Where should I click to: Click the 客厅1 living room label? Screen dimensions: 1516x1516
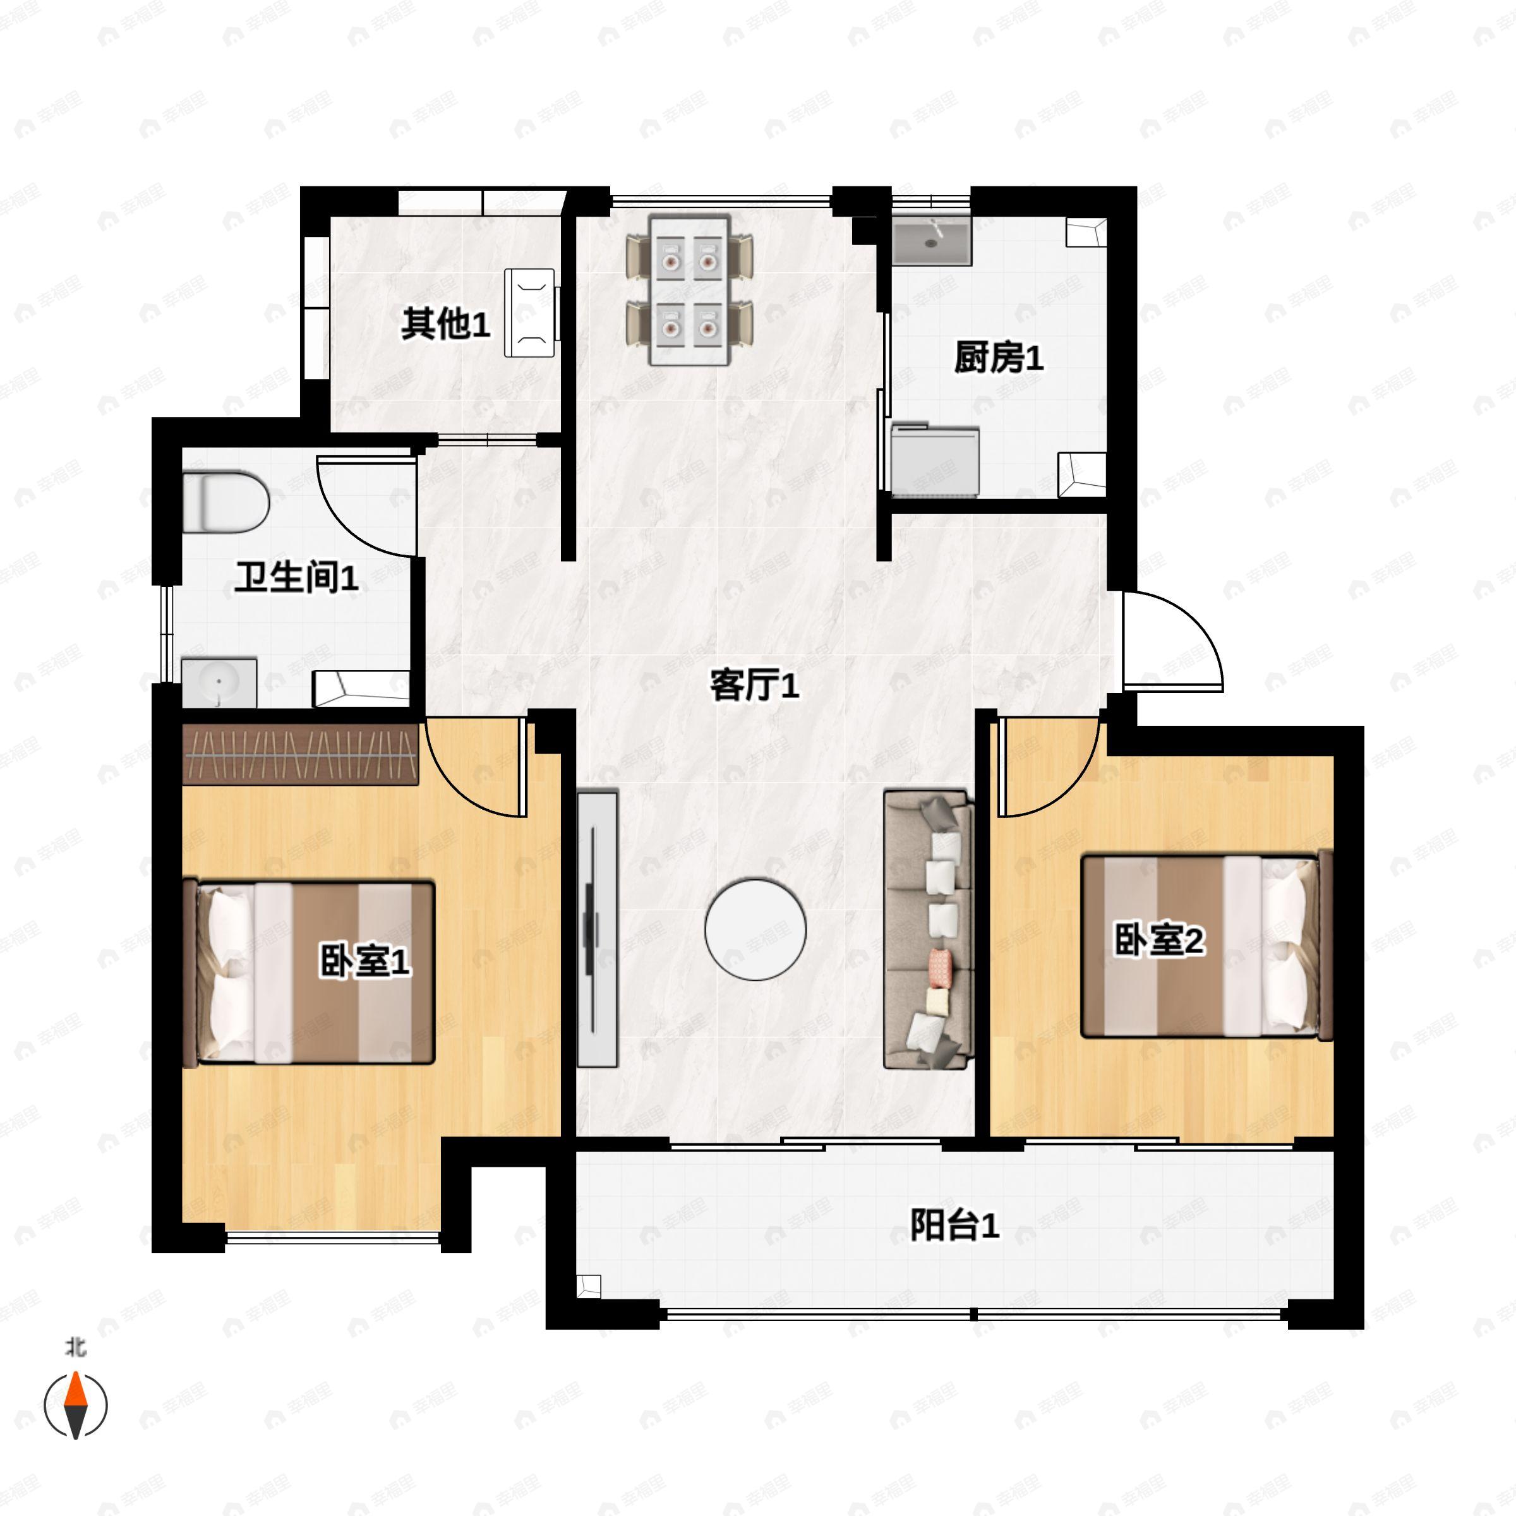tap(754, 685)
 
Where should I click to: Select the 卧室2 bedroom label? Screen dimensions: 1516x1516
tap(1158, 939)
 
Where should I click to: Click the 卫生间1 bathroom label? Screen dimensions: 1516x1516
tap(297, 577)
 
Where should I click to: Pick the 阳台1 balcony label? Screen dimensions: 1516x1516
tap(954, 1225)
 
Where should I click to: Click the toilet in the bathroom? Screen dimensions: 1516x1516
tap(226, 502)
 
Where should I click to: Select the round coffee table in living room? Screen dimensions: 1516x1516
tap(755, 929)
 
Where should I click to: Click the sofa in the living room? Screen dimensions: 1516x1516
tap(929, 930)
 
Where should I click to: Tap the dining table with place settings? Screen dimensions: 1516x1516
tap(690, 291)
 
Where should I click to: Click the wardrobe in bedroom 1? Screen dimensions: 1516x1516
tap(300, 754)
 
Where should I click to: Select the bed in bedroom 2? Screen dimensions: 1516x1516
tap(1206, 946)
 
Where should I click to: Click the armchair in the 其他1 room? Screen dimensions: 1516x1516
tap(531, 312)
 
